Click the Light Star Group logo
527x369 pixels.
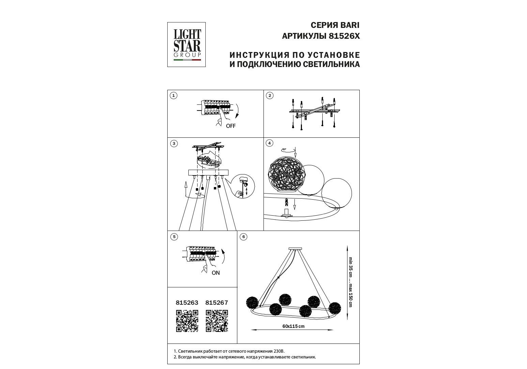(186, 45)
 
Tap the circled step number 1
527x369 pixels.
(174, 96)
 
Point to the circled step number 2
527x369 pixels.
(270, 96)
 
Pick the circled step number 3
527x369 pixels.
(174, 144)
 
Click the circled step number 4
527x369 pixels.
(269, 143)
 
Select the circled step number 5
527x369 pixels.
(174, 237)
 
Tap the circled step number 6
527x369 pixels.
(243, 237)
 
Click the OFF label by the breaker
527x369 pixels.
(231, 126)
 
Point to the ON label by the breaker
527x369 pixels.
(216, 273)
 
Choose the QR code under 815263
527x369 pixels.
(187, 321)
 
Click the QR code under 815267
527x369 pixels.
(217, 321)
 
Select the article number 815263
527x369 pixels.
(187, 302)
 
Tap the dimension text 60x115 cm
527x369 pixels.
(293, 326)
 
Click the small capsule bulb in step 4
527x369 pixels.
(287, 202)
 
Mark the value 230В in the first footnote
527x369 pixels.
(279, 358)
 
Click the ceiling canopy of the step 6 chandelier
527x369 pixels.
(295, 249)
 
